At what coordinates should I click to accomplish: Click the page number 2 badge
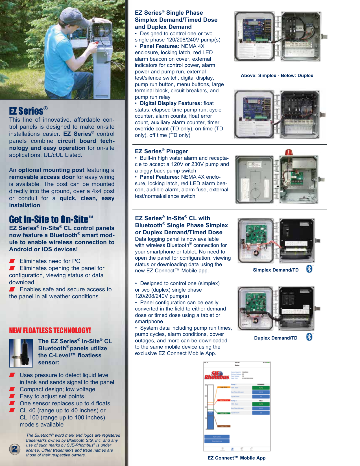pyautogui.click(x=14, y=449)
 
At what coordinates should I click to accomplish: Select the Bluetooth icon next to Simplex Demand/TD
pyautogui.click(x=309, y=269)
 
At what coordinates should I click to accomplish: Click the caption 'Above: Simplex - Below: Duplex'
pyautogui.click(x=277, y=75)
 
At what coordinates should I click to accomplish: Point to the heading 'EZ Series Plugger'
pyautogui.click(x=161, y=151)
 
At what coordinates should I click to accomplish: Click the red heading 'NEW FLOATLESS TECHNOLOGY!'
pyautogui.click(x=50, y=331)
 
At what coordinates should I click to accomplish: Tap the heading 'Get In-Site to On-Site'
pyautogui.click(x=51, y=220)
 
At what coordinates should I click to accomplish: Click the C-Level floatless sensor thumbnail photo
pyautogui.click(x=21, y=353)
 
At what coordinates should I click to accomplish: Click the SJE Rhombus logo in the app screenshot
pyautogui.click(x=217, y=376)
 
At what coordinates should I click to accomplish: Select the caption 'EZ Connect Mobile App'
pyautogui.click(x=236, y=458)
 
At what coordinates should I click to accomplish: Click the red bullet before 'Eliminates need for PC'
pyautogui.click(x=12, y=261)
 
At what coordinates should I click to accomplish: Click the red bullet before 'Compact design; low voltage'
pyautogui.click(x=12, y=389)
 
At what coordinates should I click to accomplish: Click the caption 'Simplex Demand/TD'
pyautogui.click(x=276, y=270)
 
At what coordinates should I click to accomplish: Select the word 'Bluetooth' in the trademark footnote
pyautogui.click(x=43, y=435)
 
